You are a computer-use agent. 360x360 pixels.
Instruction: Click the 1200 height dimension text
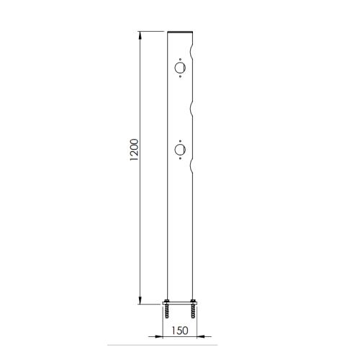click(134, 150)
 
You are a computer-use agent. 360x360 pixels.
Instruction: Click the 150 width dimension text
click(180, 330)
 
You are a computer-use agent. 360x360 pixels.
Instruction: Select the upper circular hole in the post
click(180, 68)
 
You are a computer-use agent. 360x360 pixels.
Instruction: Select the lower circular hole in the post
click(180, 150)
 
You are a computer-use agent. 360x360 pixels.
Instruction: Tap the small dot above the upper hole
click(180, 59)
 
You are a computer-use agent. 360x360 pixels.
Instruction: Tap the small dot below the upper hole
click(180, 77)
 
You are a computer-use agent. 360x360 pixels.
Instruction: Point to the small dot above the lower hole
click(180, 141)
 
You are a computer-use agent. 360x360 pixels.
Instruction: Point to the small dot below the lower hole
click(180, 158)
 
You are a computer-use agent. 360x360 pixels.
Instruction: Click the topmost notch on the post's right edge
click(192, 50)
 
